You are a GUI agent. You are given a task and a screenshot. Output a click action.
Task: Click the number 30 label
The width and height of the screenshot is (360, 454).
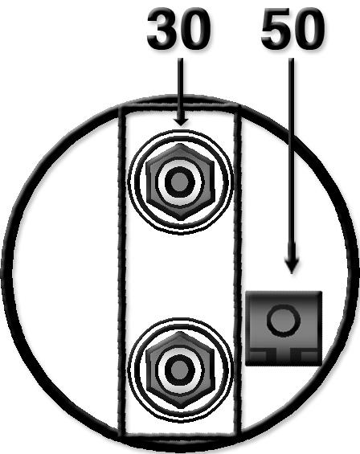point(178,29)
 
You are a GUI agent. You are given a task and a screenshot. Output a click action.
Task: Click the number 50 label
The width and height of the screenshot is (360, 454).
point(292,29)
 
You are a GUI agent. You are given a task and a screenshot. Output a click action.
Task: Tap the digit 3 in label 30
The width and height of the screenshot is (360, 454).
point(162,29)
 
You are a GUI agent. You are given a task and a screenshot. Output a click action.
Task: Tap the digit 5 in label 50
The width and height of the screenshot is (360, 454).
point(276,29)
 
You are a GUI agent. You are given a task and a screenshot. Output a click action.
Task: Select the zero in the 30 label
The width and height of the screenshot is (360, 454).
point(194,29)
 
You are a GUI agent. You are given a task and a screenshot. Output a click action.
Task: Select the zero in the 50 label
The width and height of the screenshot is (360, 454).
point(309,29)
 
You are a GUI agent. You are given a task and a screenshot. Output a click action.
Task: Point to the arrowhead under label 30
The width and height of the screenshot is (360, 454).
point(181,122)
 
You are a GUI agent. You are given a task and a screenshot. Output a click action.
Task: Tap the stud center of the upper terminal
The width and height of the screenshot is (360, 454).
point(180,182)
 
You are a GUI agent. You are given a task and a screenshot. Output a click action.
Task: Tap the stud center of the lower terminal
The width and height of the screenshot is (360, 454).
point(180,370)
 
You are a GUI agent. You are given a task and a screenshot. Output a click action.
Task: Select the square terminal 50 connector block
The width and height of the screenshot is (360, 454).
point(284,328)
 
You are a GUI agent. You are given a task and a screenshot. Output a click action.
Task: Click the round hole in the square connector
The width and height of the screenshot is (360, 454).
point(284,321)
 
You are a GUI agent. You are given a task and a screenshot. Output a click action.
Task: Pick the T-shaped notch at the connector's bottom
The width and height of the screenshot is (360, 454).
point(284,355)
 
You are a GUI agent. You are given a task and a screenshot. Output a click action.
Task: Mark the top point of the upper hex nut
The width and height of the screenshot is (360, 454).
point(180,144)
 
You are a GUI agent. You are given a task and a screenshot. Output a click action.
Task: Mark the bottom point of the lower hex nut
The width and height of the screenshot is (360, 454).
point(180,408)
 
